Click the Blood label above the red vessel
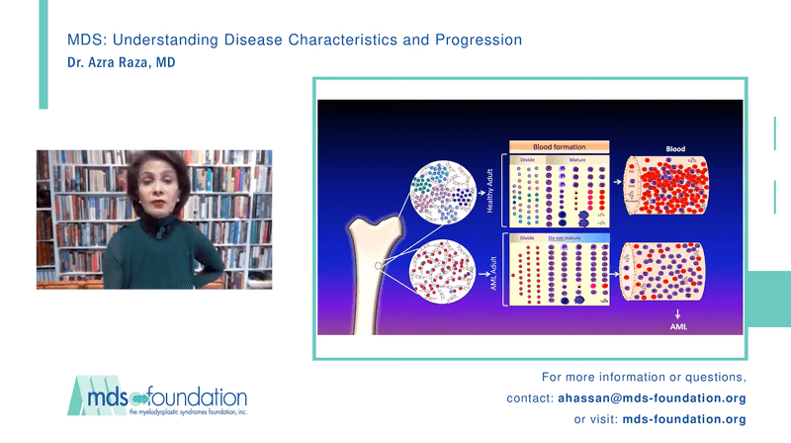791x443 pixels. [x=674, y=148]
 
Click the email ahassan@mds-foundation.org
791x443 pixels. [x=654, y=399]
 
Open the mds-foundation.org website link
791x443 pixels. [x=684, y=419]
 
